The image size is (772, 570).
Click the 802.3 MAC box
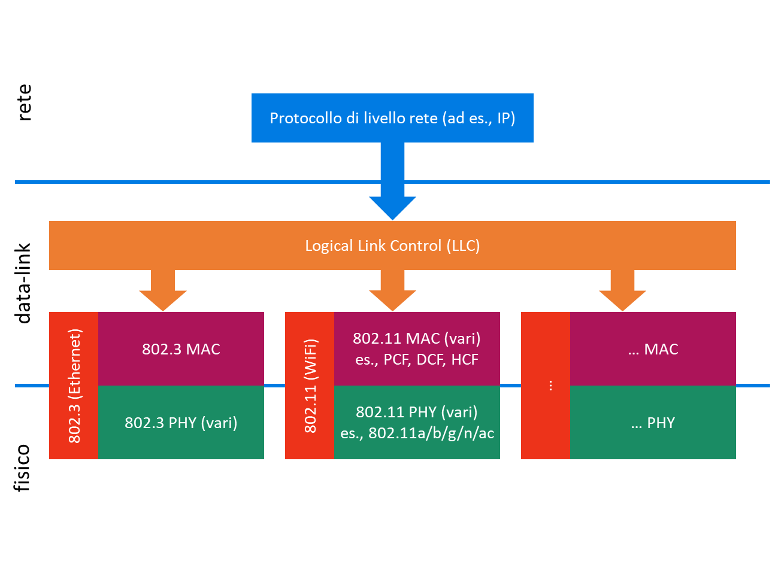click(x=181, y=349)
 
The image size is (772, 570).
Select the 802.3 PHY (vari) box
click(x=181, y=423)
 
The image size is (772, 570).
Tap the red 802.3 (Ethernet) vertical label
click(x=74, y=386)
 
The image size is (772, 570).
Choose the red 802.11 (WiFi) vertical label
click(x=310, y=386)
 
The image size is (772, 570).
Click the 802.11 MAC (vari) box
click(x=417, y=349)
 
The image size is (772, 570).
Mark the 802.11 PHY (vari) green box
click(x=417, y=423)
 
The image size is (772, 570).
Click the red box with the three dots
click(x=545, y=386)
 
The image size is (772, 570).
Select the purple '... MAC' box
click(x=653, y=349)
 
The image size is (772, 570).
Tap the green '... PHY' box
click(x=653, y=423)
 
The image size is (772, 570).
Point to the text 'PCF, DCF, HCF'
click(x=431, y=360)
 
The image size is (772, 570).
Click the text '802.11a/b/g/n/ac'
click(x=431, y=433)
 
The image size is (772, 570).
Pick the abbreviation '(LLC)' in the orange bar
click(x=463, y=245)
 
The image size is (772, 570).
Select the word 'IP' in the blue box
click(x=503, y=118)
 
